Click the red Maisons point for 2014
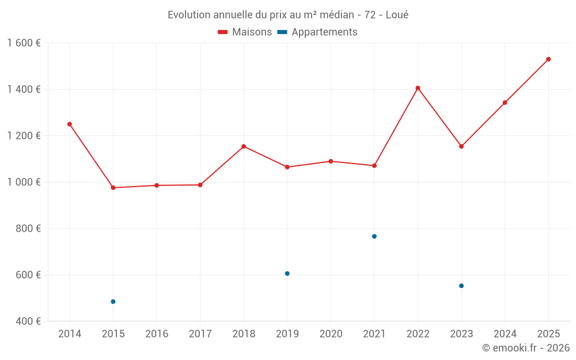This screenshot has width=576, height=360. [x=70, y=124]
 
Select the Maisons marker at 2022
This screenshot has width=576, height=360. [x=418, y=88]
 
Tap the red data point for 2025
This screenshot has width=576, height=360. [x=548, y=59]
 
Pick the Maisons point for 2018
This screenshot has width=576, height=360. [x=244, y=146]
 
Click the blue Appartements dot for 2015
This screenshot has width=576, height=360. [x=113, y=302]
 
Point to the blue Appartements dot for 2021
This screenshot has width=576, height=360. [x=374, y=236]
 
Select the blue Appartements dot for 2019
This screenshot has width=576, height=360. [x=287, y=274]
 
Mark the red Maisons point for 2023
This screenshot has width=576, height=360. [x=461, y=146]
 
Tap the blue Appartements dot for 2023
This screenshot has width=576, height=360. [x=461, y=286]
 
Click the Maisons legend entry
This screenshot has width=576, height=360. [x=245, y=32]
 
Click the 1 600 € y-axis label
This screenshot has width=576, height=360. [x=24, y=43]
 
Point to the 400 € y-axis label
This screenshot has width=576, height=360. [x=28, y=321]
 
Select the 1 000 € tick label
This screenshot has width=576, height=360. [x=24, y=182]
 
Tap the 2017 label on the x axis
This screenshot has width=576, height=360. [x=200, y=334]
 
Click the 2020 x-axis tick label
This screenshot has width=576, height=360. [x=331, y=334]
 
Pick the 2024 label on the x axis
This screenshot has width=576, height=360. [x=505, y=334]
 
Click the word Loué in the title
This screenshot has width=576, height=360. [x=397, y=15]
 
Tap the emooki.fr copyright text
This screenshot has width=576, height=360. [x=526, y=348]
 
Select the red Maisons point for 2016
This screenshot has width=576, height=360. [x=157, y=185]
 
